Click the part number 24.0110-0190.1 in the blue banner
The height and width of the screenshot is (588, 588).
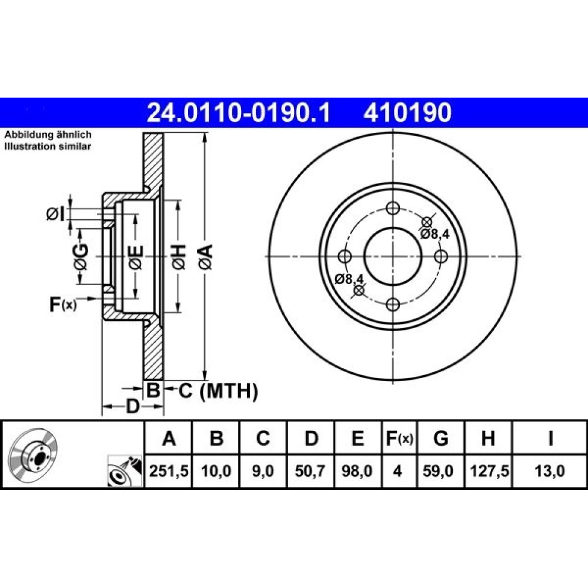coord(239,113)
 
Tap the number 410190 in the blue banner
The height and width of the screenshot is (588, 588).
coord(407,113)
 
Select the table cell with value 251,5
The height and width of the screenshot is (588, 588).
coord(168,471)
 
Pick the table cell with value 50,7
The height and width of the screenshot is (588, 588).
coord(310,471)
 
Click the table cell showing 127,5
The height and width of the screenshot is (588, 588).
coord(489,471)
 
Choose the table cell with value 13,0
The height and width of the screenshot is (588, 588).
coord(549,471)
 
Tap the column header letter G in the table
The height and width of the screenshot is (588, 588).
coord(440,438)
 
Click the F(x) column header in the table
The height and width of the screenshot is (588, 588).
coord(399,438)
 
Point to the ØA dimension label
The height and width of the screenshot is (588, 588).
coord(206,258)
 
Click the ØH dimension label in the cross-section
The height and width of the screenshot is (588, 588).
coord(179,258)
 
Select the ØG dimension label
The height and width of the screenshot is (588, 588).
coord(81,258)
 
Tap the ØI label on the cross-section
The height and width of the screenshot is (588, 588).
coord(55,215)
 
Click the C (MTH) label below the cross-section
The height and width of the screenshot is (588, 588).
coord(218,391)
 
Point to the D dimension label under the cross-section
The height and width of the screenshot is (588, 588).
coord(132,406)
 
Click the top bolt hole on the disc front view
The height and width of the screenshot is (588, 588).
coord(393,208)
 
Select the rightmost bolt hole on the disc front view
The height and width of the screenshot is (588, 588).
coord(441,256)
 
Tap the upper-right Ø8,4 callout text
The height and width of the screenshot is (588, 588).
coord(435,235)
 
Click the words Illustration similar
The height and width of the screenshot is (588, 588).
coord(48,146)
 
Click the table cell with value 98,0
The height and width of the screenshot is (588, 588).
coord(358,471)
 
